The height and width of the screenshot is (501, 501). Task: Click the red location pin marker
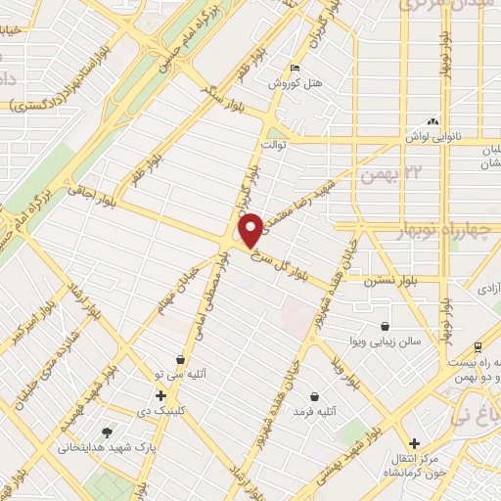pos(250,229)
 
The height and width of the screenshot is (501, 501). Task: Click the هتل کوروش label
pos(297,83)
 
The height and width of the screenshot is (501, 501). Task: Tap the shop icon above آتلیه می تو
pos(179,358)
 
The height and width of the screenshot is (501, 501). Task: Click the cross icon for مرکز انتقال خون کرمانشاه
pos(415,442)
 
